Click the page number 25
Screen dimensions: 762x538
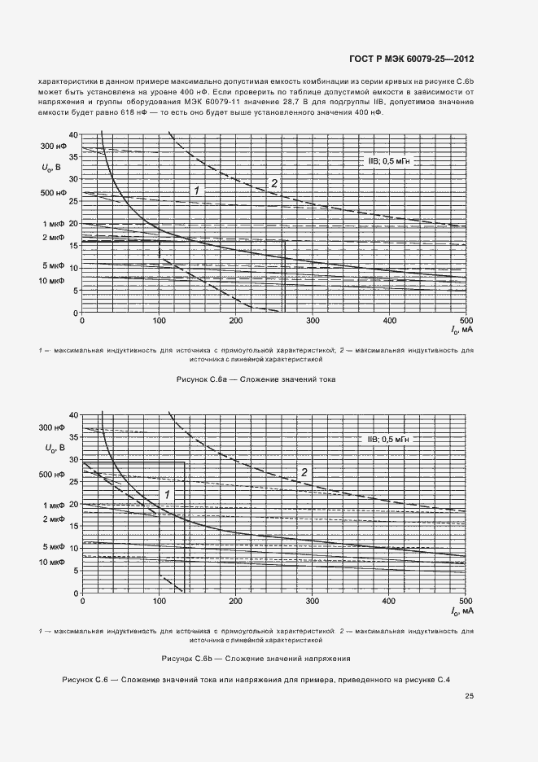(x=469, y=696)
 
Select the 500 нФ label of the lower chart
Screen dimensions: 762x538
(x=52, y=474)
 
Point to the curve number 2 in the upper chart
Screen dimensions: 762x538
(x=274, y=183)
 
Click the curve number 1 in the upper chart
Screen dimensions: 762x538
(x=196, y=190)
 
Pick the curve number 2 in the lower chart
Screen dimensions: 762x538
(x=304, y=472)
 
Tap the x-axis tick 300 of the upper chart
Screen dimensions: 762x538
(x=313, y=322)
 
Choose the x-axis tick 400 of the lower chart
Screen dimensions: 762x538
(x=389, y=602)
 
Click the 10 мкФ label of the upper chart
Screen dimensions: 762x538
(x=51, y=280)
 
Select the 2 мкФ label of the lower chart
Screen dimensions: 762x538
(x=53, y=519)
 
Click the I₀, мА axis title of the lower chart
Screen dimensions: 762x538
(x=461, y=611)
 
